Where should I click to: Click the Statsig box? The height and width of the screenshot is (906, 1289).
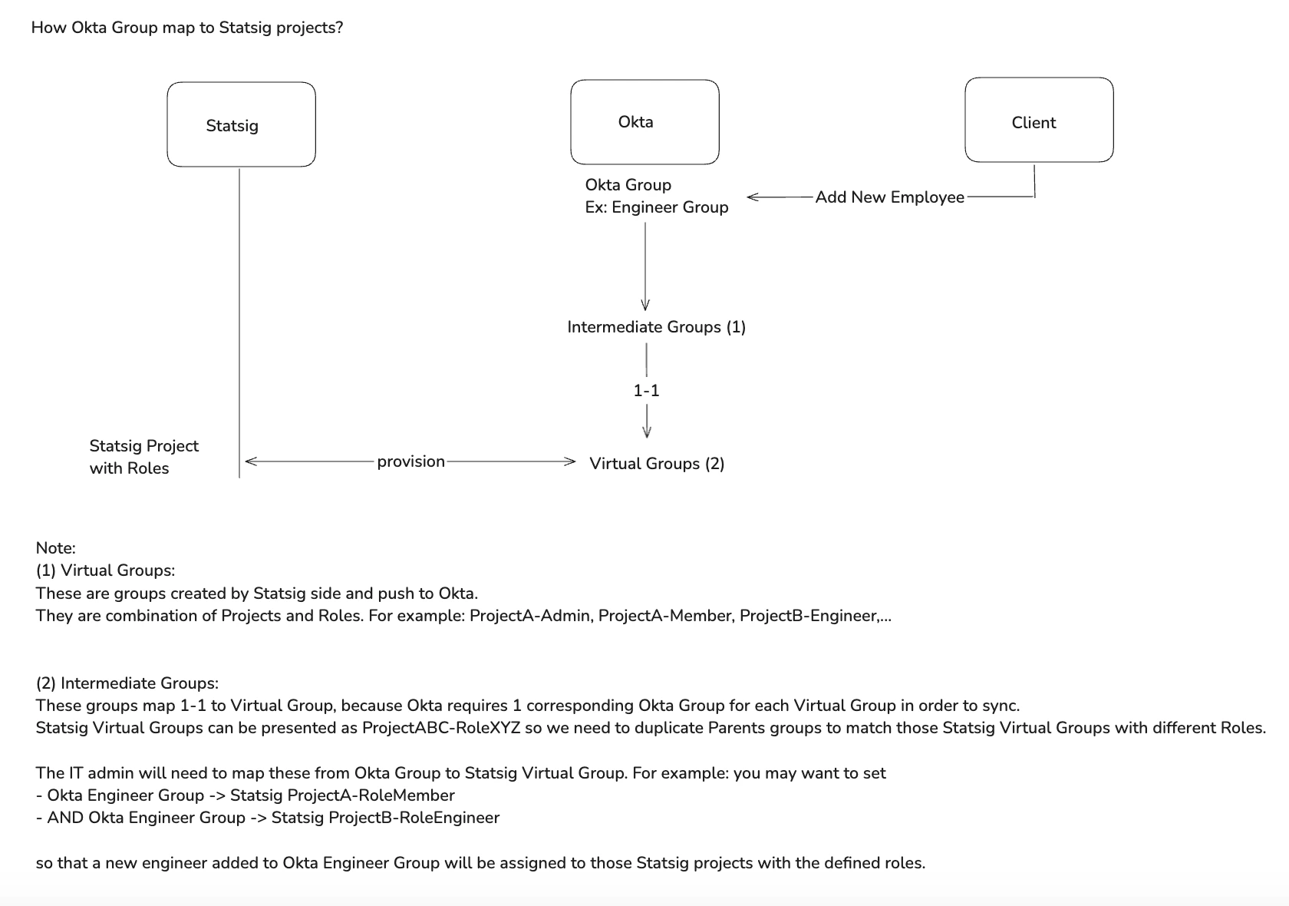241,125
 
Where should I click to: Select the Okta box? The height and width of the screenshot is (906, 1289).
644,122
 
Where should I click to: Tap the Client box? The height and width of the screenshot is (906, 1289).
1039,121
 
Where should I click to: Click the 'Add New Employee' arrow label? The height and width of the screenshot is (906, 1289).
889,197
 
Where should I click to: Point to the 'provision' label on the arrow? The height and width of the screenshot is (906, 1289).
410,461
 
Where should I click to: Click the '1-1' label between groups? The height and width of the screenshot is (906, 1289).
646,391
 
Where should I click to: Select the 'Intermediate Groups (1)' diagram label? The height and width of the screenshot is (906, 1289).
656,327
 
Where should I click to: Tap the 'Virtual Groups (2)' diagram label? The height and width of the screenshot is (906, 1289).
657,463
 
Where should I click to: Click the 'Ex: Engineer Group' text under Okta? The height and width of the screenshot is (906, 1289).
656,207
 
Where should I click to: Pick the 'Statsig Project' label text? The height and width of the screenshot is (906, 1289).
143,446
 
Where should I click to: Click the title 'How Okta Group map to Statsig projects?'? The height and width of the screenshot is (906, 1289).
187,28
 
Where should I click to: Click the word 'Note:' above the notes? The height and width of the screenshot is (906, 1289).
55,548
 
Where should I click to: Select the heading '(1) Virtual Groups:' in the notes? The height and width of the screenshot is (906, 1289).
105,570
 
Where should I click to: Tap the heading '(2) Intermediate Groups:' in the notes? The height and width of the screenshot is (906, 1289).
127,683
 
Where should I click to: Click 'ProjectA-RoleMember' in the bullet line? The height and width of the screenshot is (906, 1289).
371,795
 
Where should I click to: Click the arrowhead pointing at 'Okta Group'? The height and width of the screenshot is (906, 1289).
752,197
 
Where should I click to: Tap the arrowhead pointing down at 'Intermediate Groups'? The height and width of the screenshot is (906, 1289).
645,304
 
